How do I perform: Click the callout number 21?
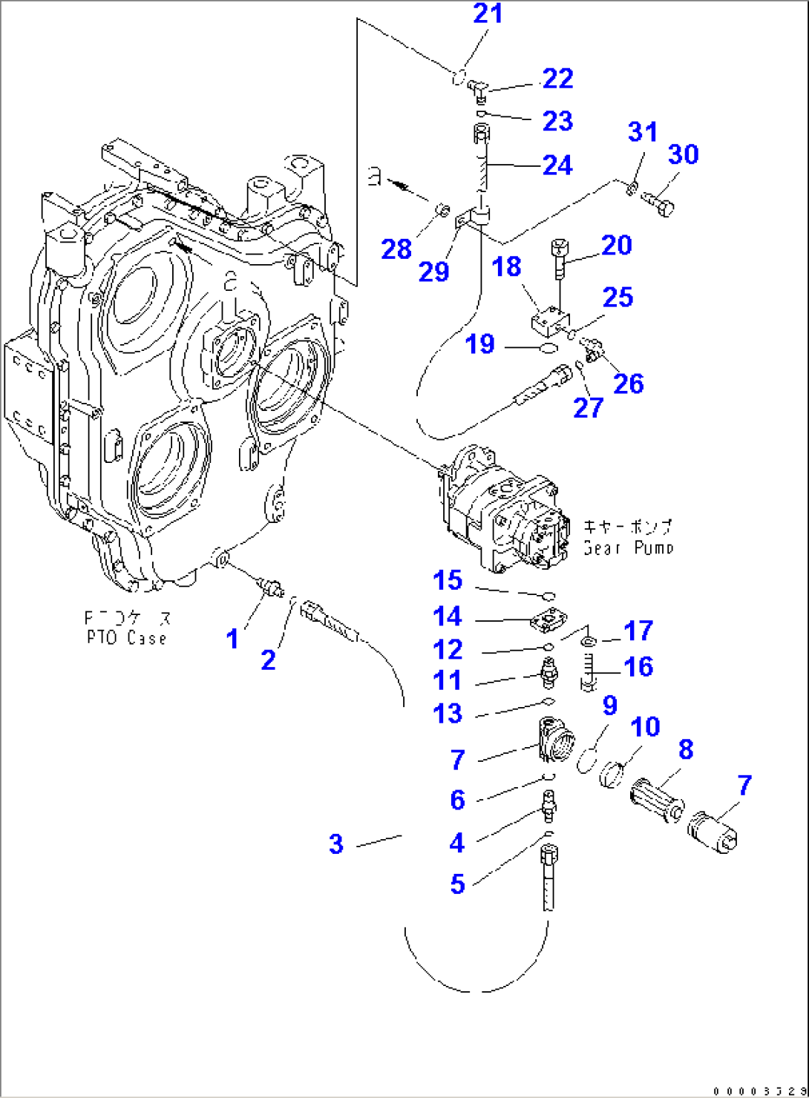click(488, 13)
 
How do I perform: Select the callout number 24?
click(557, 165)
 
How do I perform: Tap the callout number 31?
click(642, 132)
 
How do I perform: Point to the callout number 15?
click(448, 581)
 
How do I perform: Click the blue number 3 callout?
click(336, 844)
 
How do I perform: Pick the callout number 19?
click(479, 344)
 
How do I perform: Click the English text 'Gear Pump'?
click(628, 548)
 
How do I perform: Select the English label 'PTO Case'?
click(126, 638)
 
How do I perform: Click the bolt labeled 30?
click(658, 203)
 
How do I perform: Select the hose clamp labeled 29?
click(465, 220)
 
